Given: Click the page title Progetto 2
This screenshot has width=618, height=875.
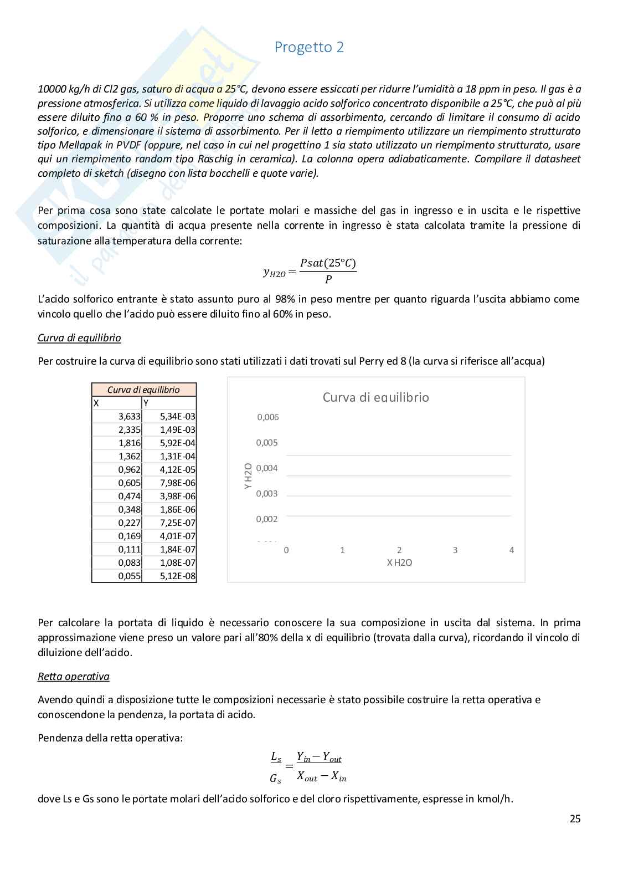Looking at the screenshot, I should click(x=309, y=47).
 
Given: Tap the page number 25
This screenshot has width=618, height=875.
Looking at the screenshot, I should click(x=575, y=818).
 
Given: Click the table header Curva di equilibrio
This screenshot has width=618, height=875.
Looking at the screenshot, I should click(x=143, y=390).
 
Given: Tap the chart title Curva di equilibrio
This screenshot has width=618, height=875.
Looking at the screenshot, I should click(x=375, y=397).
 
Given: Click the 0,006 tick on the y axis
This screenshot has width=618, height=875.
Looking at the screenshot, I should click(x=267, y=417).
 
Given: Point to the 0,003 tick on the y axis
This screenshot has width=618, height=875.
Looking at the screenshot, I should click(x=267, y=493).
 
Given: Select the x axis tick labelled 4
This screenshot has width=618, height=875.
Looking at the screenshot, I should click(x=511, y=550).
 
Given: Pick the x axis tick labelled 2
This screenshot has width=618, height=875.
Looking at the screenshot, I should click(x=399, y=550).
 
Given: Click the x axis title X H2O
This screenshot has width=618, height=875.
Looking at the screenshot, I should click(x=399, y=562).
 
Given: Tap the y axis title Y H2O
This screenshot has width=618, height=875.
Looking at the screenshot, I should click(x=248, y=476).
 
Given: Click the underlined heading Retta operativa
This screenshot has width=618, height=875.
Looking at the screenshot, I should click(x=73, y=676).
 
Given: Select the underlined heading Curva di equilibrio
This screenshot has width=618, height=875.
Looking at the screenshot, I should click(x=79, y=337).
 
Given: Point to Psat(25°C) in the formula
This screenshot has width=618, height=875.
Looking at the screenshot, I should click(x=328, y=263).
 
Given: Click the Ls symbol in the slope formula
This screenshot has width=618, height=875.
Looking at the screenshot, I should click(x=276, y=757).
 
